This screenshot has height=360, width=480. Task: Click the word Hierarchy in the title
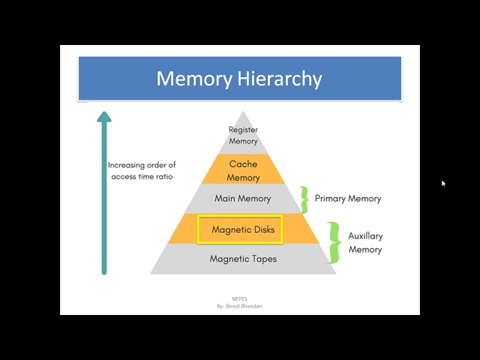[280, 79]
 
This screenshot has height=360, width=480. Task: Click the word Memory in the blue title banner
[194, 79]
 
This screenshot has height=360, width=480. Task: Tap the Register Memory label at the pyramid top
[243, 135]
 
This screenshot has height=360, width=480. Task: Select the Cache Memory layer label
[243, 171]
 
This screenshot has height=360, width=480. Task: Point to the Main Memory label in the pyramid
[243, 199]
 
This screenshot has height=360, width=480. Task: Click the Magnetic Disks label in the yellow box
[243, 230]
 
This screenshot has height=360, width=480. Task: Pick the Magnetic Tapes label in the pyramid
[243, 259]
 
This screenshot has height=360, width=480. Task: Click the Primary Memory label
[348, 199]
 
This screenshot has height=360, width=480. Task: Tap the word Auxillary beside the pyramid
[365, 236]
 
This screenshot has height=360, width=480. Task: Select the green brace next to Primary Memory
[304, 199]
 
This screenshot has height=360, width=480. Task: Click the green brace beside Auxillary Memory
[334, 242]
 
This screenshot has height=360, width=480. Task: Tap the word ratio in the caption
[164, 177]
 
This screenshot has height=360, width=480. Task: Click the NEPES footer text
[240, 299]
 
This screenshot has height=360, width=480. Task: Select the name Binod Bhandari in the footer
[244, 306]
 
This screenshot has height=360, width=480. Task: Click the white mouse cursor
[443, 183]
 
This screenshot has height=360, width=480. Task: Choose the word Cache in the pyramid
[243, 164]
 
